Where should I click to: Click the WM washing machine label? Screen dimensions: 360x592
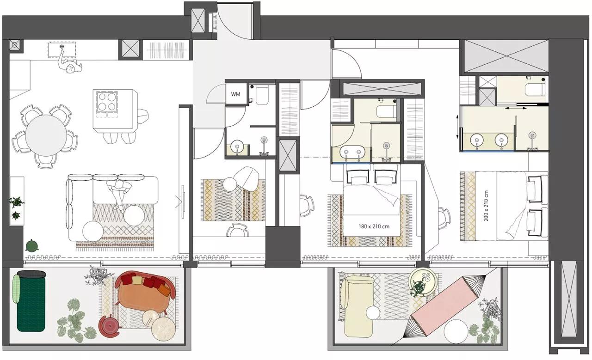pos(236,95)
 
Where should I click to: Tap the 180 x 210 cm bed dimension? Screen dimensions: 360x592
pos(374,227)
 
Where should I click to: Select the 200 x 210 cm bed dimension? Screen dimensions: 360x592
pos(486,205)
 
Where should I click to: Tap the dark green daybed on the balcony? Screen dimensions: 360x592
pos(31,303)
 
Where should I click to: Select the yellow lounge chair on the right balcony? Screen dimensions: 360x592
pos(358,305)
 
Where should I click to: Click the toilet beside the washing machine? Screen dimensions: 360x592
pos(263,95)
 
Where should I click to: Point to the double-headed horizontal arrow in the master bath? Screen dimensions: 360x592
pos(516,108)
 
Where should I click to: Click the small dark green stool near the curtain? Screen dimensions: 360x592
pos(32,246)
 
